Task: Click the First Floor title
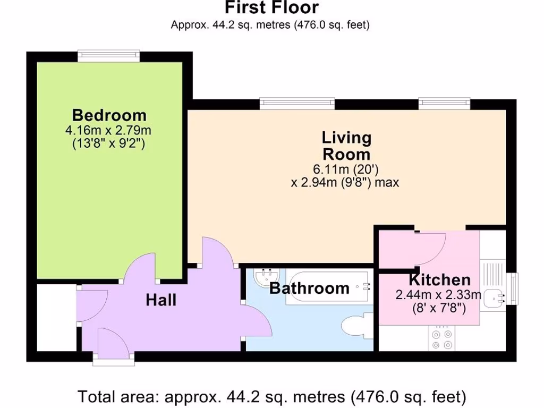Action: (x=271, y=8)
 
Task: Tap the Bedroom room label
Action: (x=109, y=115)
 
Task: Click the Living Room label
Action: (x=346, y=146)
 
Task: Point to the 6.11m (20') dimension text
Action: (x=346, y=170)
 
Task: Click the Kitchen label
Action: (x=439, y=280)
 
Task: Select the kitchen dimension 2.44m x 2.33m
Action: (x=438, y=295)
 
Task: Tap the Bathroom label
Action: (x=309, y=288)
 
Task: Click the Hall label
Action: (x=161, y=301)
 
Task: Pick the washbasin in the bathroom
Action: (x=265, y=277)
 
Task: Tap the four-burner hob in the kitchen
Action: (x=443, y=339)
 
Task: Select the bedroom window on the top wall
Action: (x=108, y=55)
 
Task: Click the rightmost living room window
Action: (x=444, y=103)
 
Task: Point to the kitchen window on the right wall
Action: (x=512, y=288)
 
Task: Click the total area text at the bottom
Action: (x=271, y=396)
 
